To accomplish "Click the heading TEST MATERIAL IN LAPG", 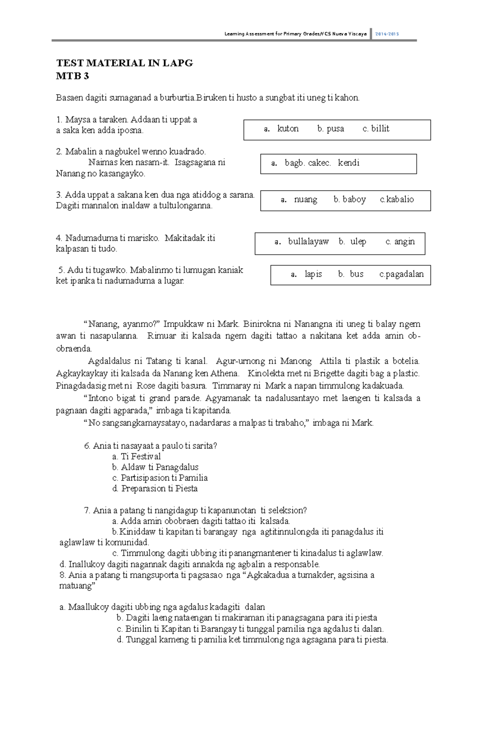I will (124, 63).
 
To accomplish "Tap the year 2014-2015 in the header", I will (387, 34).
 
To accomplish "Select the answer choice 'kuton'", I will (288, 128).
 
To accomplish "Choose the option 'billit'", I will (380, 128).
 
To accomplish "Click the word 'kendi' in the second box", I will (349, 163).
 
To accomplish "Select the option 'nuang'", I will (305, 199).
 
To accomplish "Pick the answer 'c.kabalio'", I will (397, 199).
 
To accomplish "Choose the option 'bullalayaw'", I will (308, 241).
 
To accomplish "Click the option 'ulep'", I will (358, 241).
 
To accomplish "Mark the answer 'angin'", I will (404, 241).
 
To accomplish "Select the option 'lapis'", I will (313, 274).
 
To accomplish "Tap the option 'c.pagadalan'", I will (401, 274).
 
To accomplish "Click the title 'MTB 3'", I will (72, 76).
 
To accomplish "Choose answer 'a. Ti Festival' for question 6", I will (136, 456).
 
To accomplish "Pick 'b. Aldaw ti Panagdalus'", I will (155, 467).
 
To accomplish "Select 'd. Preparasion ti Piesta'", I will (155, 489).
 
